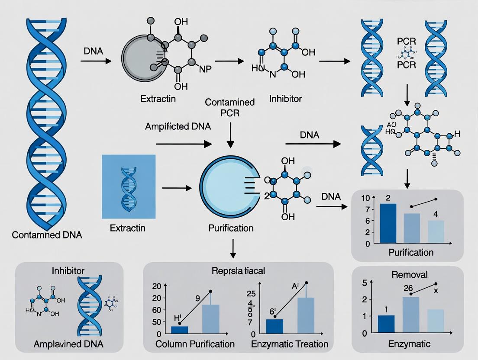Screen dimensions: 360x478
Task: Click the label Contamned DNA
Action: click(x=47, y=235)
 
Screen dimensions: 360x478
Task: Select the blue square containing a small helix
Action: click(x=128, y=186)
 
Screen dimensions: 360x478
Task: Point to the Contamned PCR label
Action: click(x=229, y=108)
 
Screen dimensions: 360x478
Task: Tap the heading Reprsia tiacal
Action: click(x=238, y=271)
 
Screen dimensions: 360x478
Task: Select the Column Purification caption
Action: click(x=195, y=344)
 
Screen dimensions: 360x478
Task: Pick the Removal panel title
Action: click(x=409, y=274)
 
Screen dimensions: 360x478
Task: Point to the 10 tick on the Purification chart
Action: click(x=366, y=198)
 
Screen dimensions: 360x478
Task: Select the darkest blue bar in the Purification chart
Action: click(x=388, y=223)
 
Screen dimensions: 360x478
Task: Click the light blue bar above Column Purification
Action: click(x=211, y=319)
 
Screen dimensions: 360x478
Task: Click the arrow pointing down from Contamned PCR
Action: click(x=230, y=134)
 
